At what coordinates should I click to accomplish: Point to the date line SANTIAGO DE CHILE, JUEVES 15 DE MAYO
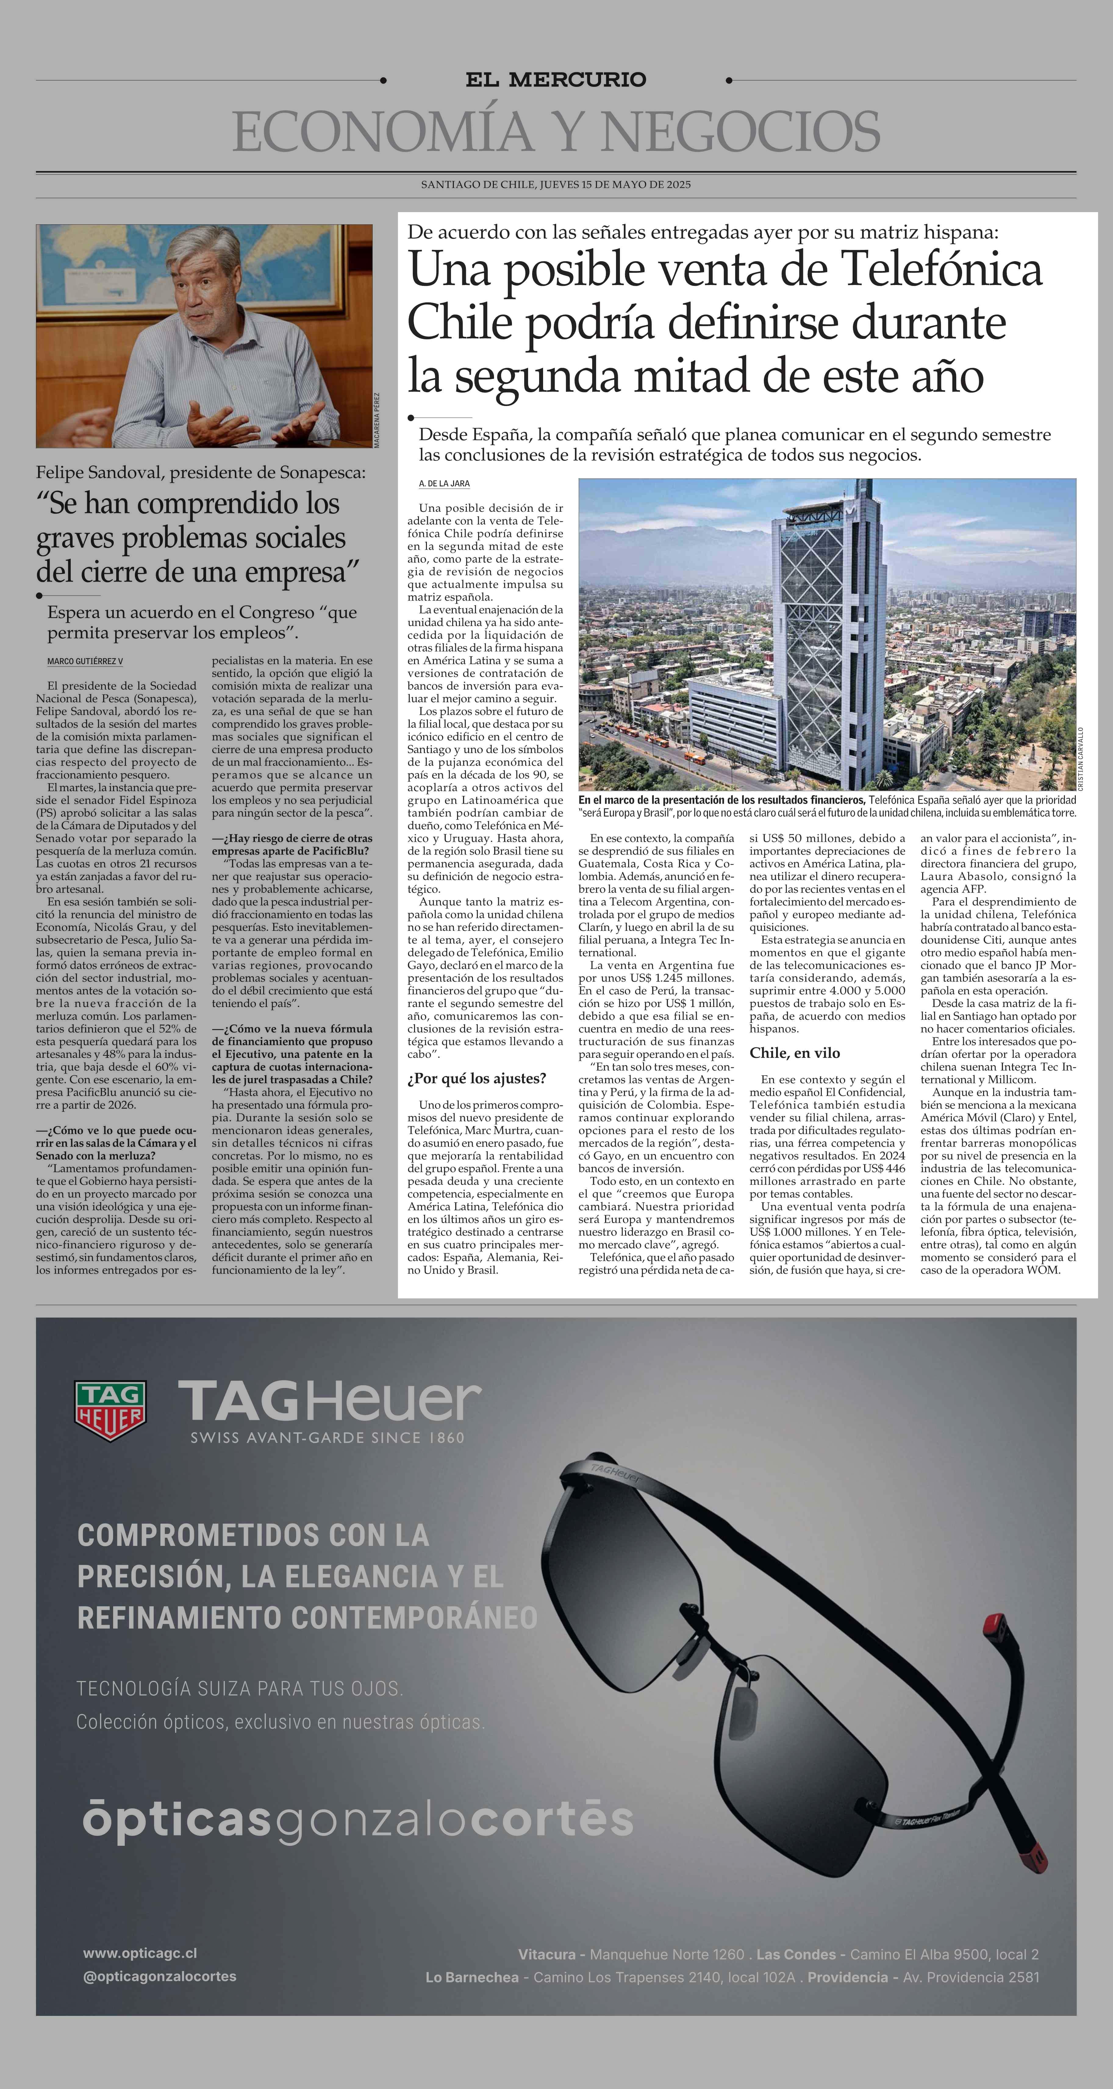[x=556, y=185]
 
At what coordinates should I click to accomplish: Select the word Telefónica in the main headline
[x=939, y=270]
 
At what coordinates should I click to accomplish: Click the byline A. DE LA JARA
[x=444, y=483]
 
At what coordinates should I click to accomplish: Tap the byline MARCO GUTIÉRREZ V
[x=85, y=662]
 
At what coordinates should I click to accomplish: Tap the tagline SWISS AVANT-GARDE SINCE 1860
[x=327, y=1438]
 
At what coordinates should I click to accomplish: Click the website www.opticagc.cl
[x=140, y=1954]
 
